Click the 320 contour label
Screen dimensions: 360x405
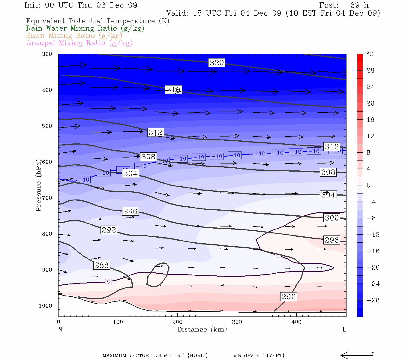pos(217,63)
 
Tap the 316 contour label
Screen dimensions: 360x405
pos(173,89)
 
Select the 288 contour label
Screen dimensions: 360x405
pos(102,265)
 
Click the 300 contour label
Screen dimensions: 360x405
pos(332,218)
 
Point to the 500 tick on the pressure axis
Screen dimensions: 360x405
pos(47,126)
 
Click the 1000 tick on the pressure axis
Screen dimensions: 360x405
pos(46,306)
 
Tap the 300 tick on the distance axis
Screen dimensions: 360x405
pos(237,322)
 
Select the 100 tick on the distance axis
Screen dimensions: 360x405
pos(118,322)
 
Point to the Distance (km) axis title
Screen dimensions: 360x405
pos(202,329)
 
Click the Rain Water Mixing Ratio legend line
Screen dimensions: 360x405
pos(85,28)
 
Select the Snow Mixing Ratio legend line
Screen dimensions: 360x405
pos(74,36)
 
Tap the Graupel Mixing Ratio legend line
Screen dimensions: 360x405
pos(79,43)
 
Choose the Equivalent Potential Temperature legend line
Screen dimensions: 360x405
pos(97,21)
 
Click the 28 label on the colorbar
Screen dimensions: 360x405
pos(370,70)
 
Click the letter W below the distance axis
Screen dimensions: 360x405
pos(61,329)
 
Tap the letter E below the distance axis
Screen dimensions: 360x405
pos(344,329)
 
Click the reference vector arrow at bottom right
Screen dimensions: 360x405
pos(357,355)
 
